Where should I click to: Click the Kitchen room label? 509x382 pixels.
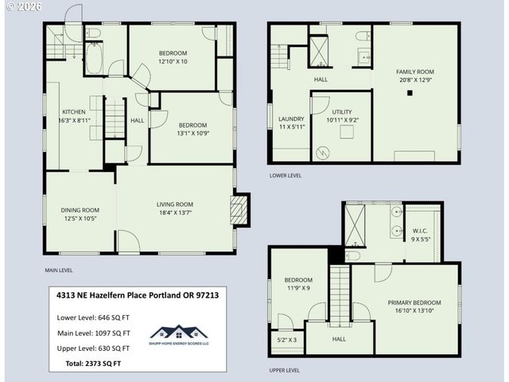click(x=74, y=112)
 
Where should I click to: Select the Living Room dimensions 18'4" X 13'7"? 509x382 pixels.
click(x=174, y=212)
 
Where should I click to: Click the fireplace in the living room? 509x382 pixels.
click(x=238, y=209)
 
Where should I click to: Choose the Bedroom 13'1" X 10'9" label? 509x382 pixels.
click(x=192, y=125)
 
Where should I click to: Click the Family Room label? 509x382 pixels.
click(x=415, y=72)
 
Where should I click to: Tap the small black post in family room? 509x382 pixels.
click(x=410, y=93)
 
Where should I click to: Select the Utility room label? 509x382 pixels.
click(x=342, y=113)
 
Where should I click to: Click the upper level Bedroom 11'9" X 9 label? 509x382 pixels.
click(x=298, y=279)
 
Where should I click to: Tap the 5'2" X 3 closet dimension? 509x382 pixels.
click(x=286, y=340)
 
